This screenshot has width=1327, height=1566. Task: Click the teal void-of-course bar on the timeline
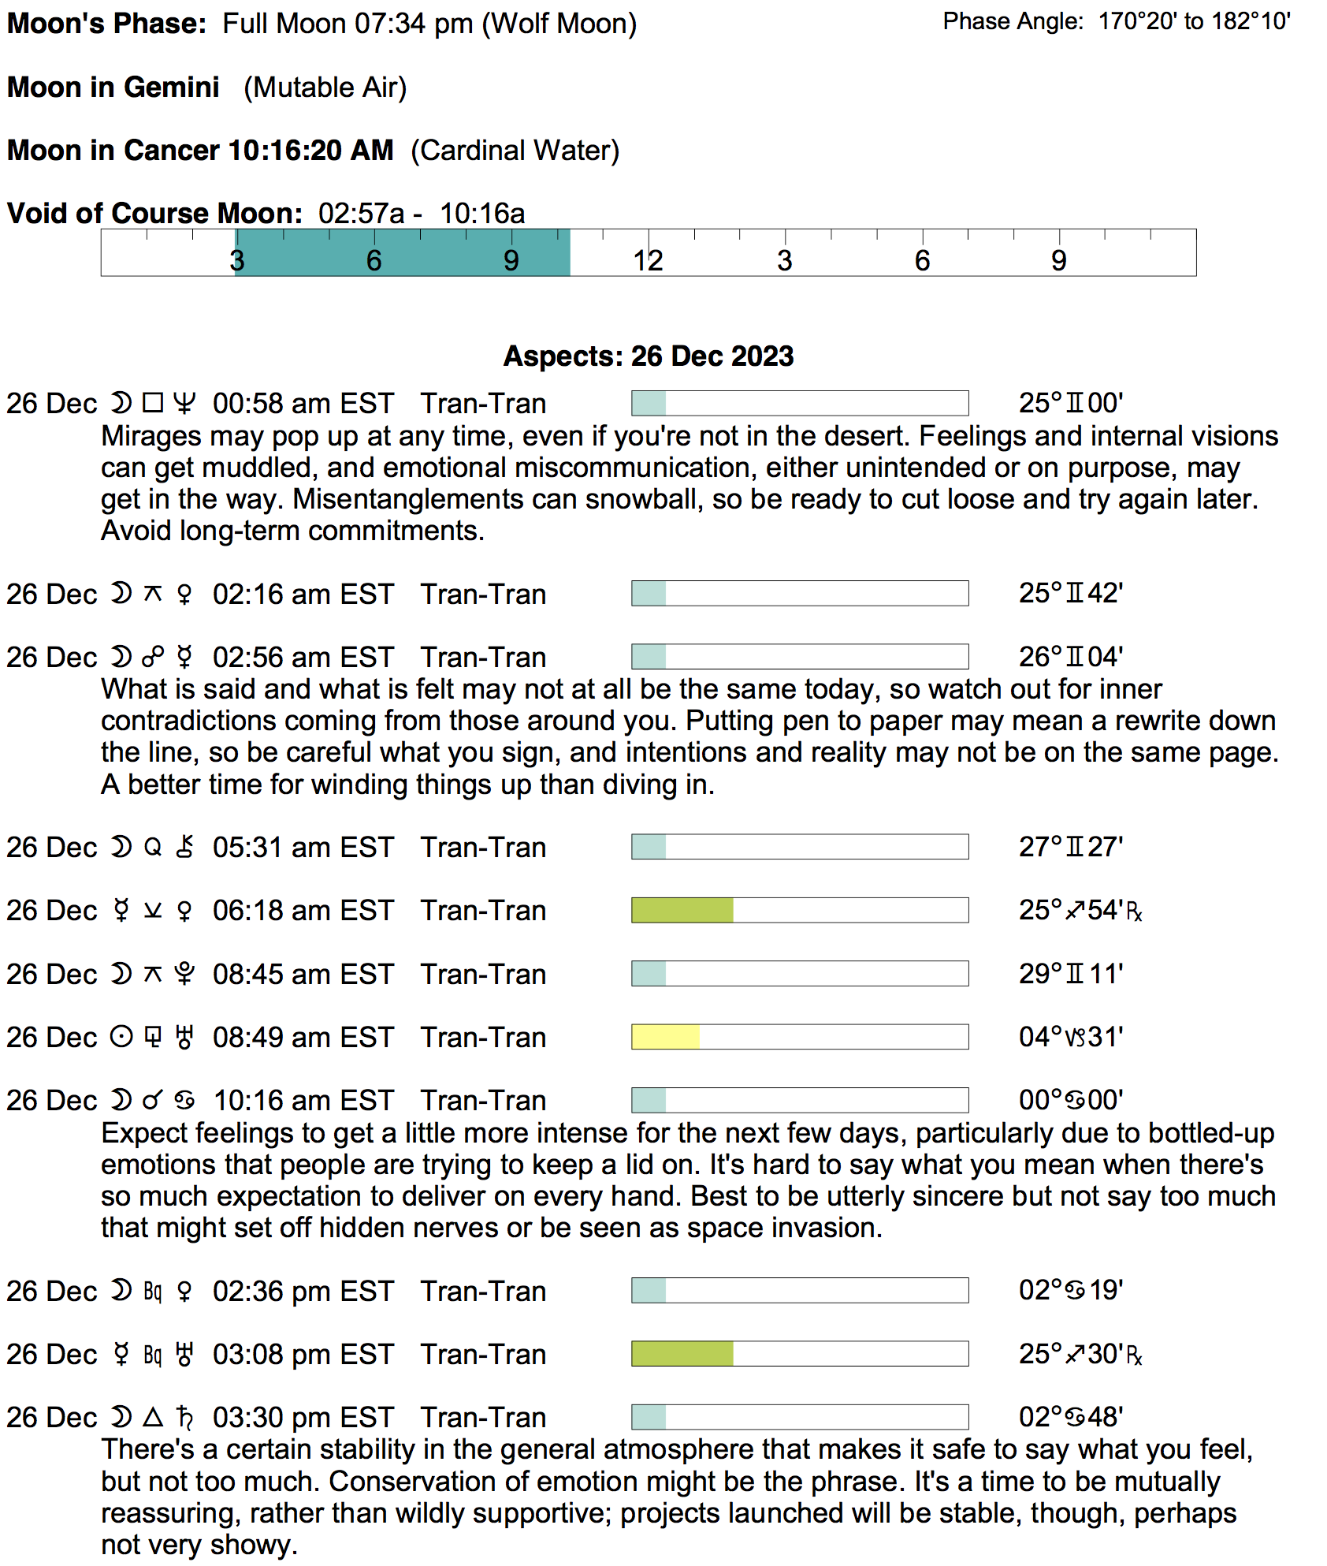click(402, 252)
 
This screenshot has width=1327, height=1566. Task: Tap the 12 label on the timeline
click(648, 261)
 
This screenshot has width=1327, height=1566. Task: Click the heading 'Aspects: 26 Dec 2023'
click(649, 356)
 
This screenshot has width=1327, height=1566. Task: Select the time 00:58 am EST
click(303, 404)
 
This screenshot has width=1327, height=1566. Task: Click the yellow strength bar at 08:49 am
click(665, 1037)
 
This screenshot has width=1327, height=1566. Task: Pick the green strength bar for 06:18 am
click(682, 910)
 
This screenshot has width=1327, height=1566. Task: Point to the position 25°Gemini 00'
click(1070, 404)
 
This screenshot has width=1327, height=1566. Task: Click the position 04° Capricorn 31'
click(1070, 1037)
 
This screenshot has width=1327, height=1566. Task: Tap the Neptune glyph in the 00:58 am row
click(184, 404)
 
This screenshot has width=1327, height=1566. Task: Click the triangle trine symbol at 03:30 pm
click(153, 1417)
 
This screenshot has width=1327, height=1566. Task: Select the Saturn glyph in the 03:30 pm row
click(184, 1417)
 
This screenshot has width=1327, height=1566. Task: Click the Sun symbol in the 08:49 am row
click(121, 1037)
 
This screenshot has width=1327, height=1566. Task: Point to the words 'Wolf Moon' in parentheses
click(559, 24)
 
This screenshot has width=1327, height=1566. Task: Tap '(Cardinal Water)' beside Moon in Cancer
click(515, 151)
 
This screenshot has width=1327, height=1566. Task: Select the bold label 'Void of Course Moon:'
click(154, 214)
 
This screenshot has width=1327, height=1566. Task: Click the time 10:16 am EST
click(303, 1101)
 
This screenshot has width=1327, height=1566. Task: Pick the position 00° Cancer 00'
click(1070, 1100)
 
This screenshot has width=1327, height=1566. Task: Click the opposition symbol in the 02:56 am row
click(153, 657)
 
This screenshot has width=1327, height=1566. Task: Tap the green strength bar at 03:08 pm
click(682, 1354)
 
